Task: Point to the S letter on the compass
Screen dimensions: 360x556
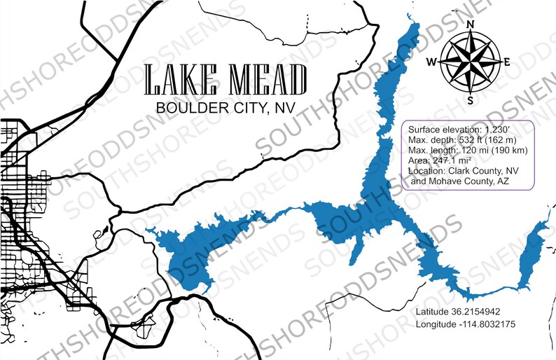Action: pos(471,99)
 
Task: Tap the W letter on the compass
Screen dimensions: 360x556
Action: pos(432,62)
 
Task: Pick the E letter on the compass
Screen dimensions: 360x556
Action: pos(506,62)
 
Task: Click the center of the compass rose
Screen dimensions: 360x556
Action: pos(470,62)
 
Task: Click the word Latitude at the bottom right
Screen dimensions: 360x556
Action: pos(431,311)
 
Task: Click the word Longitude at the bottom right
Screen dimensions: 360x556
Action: pos(436,324)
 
